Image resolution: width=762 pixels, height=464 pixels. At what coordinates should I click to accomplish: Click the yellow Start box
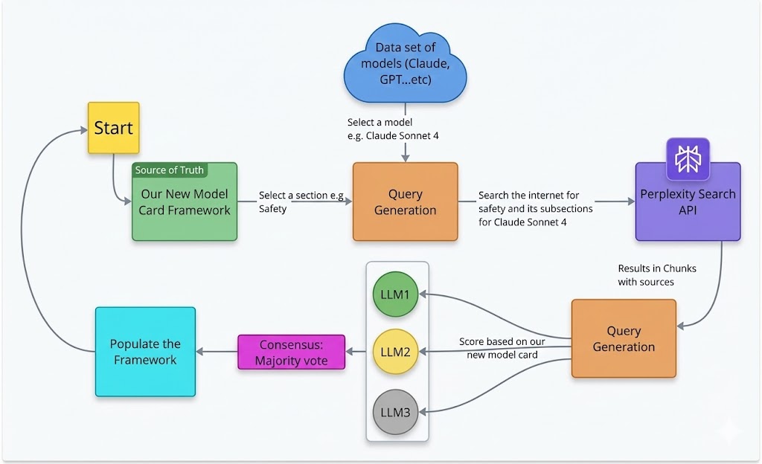pyautogui.click(x=113, y=128)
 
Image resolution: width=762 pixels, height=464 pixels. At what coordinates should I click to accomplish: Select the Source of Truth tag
pyautogui.click(x=170, y=170)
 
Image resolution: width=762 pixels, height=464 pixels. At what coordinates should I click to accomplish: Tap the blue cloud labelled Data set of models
pyautogui.click(x=405, y=64)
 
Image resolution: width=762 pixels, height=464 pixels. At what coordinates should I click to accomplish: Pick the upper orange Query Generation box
pyautogui.click(x=405, y=202)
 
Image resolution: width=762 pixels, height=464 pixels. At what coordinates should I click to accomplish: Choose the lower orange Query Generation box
pyautogui.click(x=624, y=338)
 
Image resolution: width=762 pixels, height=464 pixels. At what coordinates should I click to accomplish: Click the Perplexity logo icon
pyautogui.click(x=688, y=159)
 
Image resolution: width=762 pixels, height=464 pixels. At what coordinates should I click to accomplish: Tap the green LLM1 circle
pyautogui.click(x=395, y=294)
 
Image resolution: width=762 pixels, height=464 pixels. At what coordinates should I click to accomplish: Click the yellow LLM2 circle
pyautogui.click(x=395, y=351)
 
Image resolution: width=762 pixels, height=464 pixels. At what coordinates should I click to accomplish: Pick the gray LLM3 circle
pyautogui.click(x=395, y=408)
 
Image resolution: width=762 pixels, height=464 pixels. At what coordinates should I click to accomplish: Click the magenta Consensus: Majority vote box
pyautogui.click(x=292, y=352)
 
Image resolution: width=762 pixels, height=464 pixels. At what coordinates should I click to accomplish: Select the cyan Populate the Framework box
pyautogui.click(x=145, y=352)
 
